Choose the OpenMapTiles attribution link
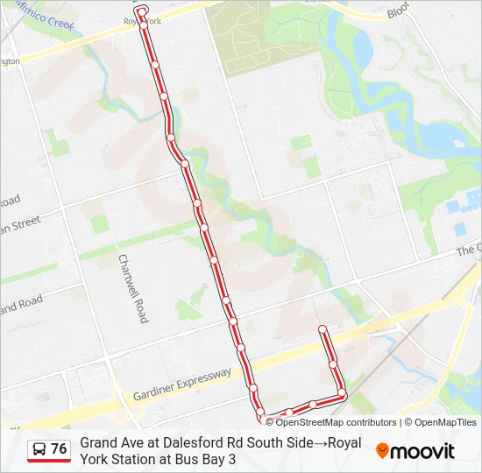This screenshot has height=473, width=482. click(x=446, y=422)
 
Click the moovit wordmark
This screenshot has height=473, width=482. click(x=422, y=451)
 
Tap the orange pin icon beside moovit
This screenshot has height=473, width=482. click(x=383, y=450)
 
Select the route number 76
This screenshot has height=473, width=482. click(x=59, y=449)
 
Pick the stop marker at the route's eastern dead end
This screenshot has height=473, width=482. click(x=323, y=329)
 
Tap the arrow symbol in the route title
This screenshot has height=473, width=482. click(x=322, y=443)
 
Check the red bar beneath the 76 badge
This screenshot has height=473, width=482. click(x=49, y=461)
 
